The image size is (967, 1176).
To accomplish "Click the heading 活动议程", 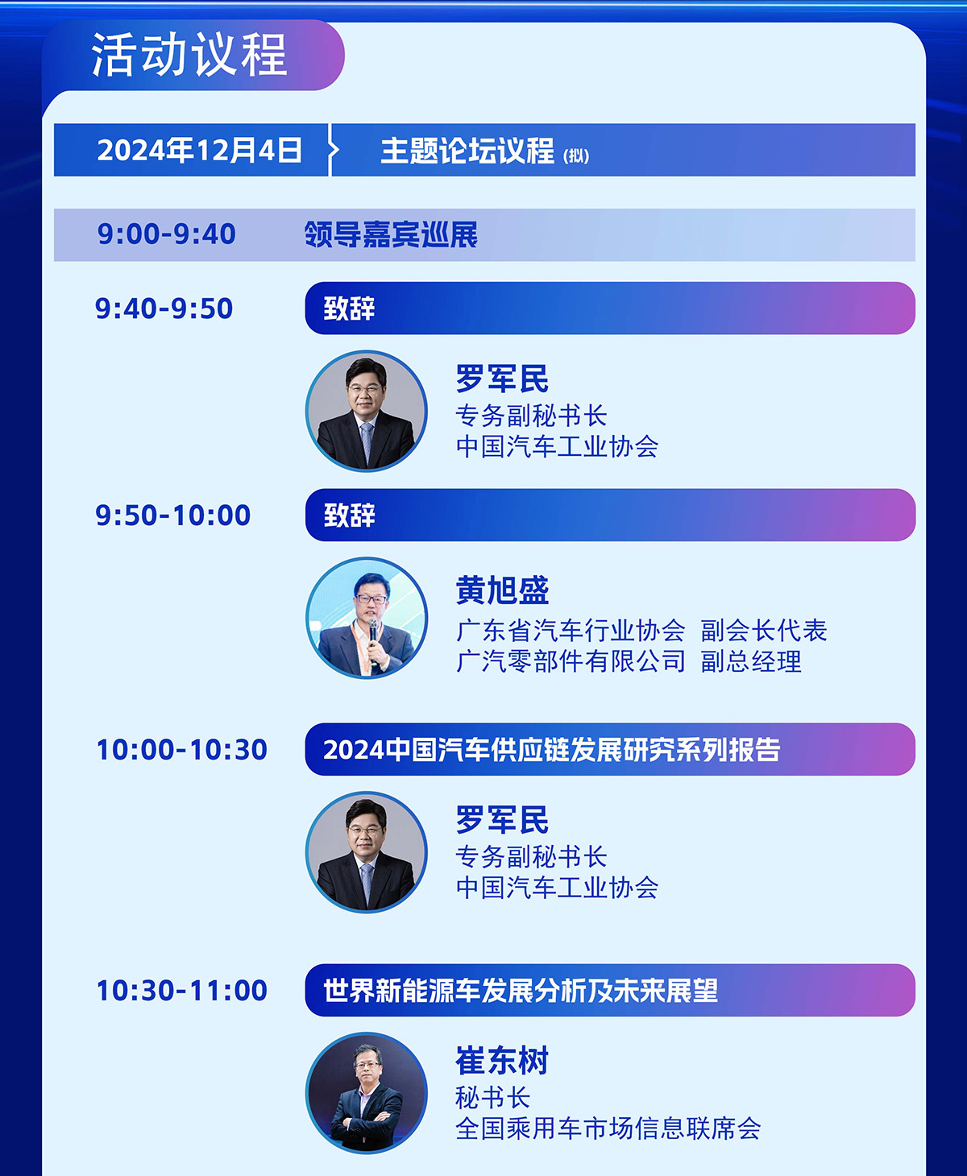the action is click(189, 55).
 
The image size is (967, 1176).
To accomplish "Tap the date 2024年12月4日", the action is click(200, 150).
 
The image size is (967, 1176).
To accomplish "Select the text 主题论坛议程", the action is click(467, 151).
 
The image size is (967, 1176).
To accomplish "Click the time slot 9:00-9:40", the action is click(166, 234).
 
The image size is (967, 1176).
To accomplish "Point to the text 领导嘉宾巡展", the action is click(391, 234).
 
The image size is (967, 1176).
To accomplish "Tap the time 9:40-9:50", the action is click(164, 308).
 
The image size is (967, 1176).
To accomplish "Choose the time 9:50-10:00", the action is click(173, 516).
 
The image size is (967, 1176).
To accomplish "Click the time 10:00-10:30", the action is click(181, 749).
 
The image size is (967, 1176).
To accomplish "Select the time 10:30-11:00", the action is click(181, 990).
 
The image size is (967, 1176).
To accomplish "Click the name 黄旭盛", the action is click(502, 590).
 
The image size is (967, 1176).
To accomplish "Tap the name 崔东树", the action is click(502, 1060).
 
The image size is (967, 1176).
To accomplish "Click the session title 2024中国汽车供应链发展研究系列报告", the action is click(551, 749).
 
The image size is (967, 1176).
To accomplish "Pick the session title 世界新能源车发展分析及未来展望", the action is click(521, 990).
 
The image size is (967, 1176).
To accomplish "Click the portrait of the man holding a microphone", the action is click(367, 618).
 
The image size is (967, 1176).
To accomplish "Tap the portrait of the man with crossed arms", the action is click(367, 1093).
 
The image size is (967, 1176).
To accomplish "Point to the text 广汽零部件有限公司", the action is click(571, 662).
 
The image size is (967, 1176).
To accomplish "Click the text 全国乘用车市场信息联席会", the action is click(608, 1129).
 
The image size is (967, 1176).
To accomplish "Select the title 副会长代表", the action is click(764, 631).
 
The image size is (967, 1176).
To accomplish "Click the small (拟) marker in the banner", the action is click(576, 156).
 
